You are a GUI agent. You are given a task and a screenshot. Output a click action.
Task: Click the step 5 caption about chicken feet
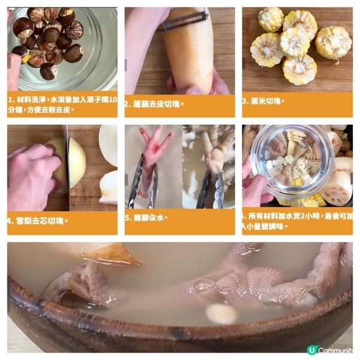point(147,218)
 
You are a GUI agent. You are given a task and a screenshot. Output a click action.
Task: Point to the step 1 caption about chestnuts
point(62,103)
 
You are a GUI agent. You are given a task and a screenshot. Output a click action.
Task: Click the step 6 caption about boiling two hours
point(298,221)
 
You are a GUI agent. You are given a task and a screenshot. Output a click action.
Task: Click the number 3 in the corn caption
point(246,101)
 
